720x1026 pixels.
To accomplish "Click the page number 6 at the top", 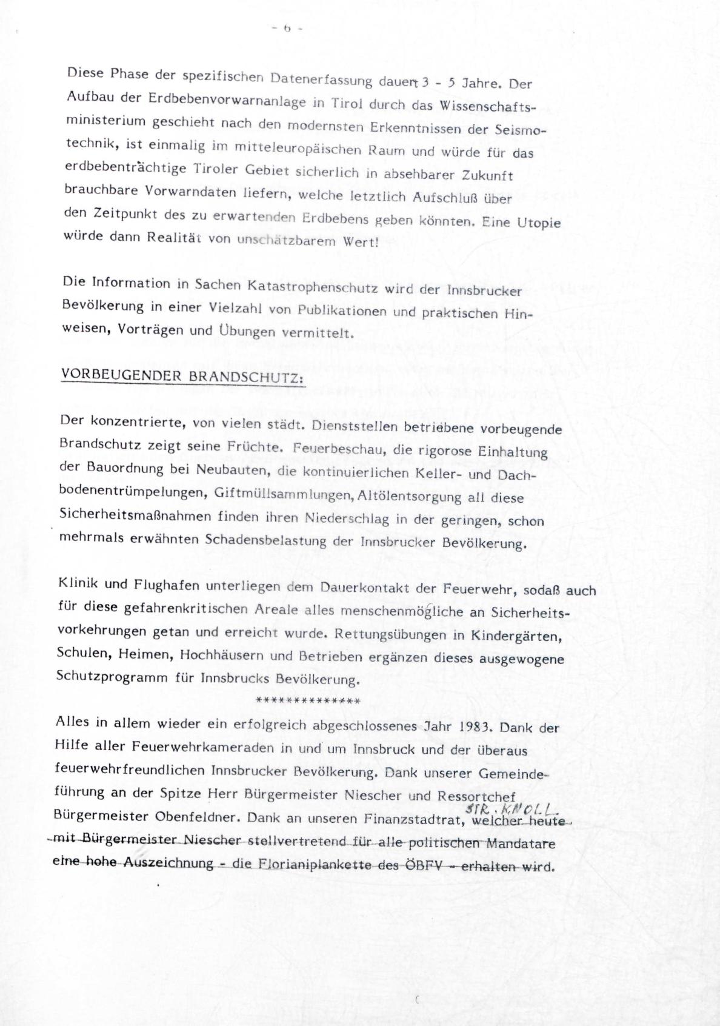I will click(x=287, y=28).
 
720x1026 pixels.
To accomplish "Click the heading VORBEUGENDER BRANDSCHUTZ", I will click(x=182, y=375).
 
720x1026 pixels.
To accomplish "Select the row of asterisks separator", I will click(x=308, y=700).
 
